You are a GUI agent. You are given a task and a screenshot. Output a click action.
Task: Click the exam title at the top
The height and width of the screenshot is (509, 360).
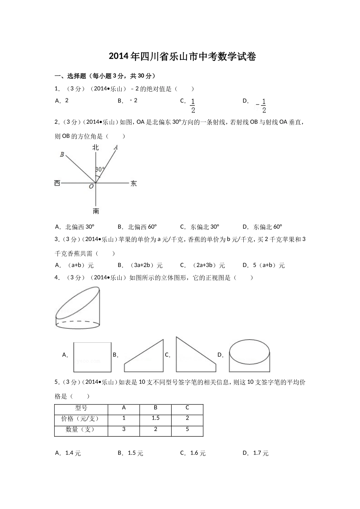pos(182,57)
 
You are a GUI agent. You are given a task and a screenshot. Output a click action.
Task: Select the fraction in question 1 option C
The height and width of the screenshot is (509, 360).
pos(193,106)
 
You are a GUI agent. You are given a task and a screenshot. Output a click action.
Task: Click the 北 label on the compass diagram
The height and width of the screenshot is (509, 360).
pos(95,147)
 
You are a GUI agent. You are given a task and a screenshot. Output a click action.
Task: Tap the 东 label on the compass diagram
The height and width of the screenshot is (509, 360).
pos(133,184)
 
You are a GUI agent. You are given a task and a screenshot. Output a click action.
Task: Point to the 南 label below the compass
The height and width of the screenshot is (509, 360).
pos(96,211)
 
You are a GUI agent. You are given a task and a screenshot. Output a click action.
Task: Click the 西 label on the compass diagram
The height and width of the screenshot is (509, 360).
pos(57,184)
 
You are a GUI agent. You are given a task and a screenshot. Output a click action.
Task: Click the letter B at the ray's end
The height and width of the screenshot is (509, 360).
pos(62,155)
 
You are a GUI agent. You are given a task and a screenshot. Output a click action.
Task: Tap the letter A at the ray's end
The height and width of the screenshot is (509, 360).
pos(116,147)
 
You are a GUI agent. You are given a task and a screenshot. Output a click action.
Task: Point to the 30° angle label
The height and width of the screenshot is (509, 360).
pos(100,169)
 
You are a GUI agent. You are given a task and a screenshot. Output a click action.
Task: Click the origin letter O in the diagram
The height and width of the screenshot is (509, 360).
pos(91,187)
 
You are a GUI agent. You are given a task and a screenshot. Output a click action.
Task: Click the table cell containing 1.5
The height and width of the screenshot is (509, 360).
pos(155,418)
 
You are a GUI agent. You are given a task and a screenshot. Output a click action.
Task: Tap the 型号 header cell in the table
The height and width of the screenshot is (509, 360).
pos(81,408)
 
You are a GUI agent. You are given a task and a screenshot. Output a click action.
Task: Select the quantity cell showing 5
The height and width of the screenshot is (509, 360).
pos(187,429)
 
